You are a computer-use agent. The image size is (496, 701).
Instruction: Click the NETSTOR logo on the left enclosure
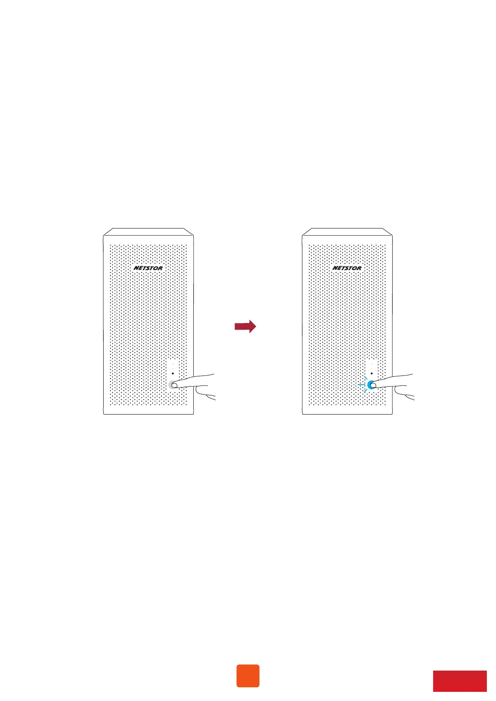pos(148,268)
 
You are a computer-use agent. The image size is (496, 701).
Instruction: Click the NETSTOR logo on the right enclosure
pos(347,268)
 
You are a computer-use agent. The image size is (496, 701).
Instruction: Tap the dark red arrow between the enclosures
pos(245,326)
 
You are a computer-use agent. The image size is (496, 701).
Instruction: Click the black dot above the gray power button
pos(173,373)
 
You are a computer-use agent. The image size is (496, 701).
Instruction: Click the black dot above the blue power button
pos(371,373)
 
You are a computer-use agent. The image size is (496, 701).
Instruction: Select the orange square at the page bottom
pos(248,676)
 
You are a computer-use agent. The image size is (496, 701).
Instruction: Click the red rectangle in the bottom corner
pos(460,681)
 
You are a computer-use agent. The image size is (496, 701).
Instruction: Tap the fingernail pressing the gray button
pos(174,385)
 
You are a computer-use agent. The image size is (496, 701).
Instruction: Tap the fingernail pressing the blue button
pos(373,385)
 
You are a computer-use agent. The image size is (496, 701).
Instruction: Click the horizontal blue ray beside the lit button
pos(361,385)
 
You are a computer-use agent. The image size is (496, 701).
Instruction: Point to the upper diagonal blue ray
pos(366,378)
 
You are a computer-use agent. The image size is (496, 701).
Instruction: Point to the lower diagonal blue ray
pos(366,390)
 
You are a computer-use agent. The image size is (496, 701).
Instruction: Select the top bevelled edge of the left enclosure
pos(149,231)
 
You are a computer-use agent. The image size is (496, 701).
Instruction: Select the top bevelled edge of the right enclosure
pos(347,231)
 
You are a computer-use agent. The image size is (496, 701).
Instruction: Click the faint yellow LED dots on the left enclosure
pos(173,365)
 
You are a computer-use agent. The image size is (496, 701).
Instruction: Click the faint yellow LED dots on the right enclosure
pos(371,365)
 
